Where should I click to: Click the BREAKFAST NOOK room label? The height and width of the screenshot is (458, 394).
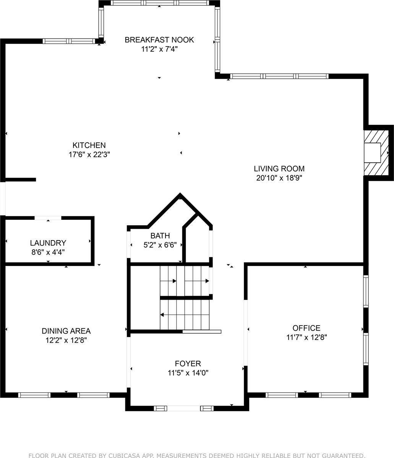point(159,40)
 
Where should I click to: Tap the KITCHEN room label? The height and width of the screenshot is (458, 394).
point(89,145)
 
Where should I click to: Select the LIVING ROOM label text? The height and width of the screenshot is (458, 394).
point(279,168)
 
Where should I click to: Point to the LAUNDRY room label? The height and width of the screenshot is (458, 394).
point(48,243)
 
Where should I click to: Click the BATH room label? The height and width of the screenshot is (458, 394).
point(160,235)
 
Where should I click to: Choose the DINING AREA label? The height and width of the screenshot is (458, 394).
point(66,331)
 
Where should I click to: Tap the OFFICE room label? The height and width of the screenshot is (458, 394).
point(306,328)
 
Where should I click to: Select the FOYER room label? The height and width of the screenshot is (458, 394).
point(188,364)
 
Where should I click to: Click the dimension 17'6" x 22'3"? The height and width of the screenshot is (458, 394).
point(89,155)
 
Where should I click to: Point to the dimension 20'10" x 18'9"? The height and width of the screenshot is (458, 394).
point(279,178)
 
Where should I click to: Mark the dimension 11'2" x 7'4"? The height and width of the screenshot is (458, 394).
point(159,49)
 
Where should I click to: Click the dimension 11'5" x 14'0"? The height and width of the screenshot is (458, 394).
point(188,373)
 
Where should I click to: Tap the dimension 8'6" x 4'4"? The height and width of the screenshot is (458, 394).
point(48,252)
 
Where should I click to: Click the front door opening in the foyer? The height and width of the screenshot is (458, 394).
point(183,408)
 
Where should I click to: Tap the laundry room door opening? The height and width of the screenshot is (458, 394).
point(48,218)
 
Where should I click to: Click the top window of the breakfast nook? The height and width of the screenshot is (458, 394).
point(160,3)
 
